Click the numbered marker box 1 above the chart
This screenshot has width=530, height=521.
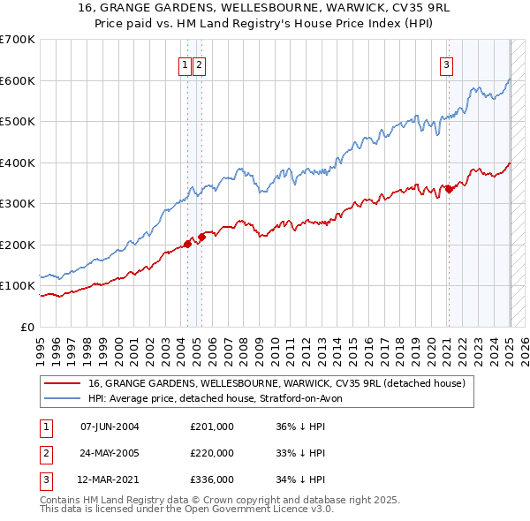pos(185,64)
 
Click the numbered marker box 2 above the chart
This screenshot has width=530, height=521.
pos(200,64)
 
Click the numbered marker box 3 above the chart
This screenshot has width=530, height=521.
pos(447,64)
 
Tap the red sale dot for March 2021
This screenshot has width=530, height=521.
pos(449,188)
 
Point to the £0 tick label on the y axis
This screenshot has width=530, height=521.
pos(27,327)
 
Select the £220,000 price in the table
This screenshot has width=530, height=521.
pos(211,453)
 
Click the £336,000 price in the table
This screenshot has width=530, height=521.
pos(211,480)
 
